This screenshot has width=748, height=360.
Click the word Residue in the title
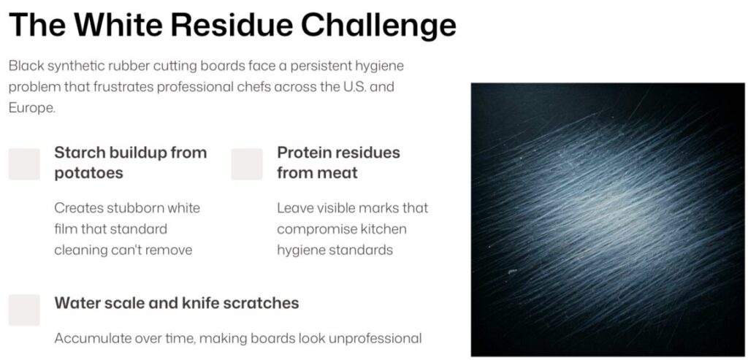(x=232, y=25)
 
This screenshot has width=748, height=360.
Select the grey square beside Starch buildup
(x=24, y=164)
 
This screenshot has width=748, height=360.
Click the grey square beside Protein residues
(x=247, y=164)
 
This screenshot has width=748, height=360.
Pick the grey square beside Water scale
(x=24, y=310)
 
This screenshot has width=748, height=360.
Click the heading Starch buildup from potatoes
(x=130, y=163)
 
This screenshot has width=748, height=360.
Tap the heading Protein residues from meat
(x=338, y=163)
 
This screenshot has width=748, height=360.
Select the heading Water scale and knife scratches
(x=177, y=303)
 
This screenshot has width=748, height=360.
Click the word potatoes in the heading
(x=88, y=173)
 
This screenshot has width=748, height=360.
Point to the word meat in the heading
(x=337, y=172)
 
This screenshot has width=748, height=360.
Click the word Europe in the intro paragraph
(x=31, y=108)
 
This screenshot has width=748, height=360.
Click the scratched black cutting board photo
(x=608, y=219)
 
